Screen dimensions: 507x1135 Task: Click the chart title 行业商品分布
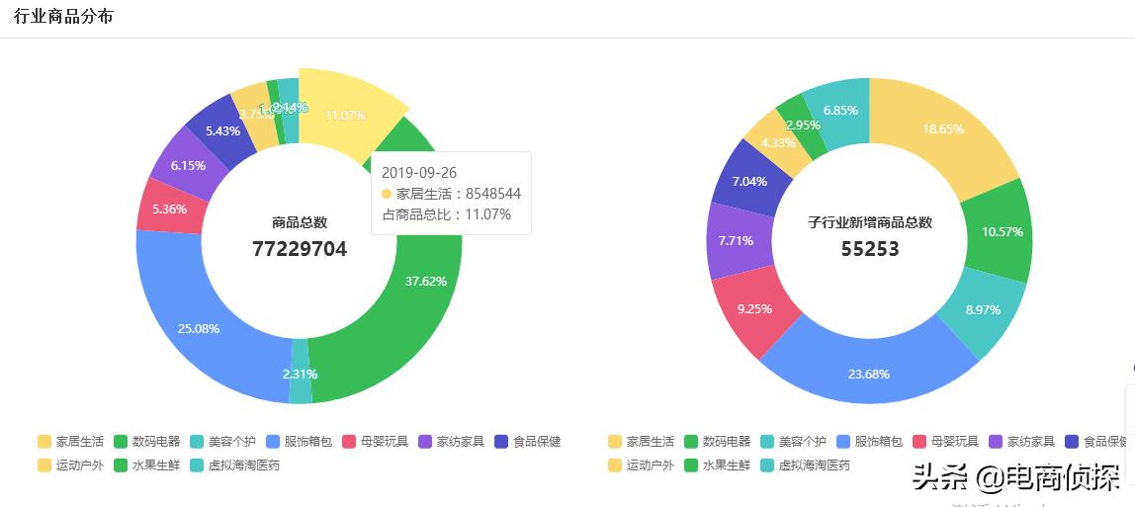(63, 17)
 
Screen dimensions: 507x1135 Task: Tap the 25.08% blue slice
(199, 328)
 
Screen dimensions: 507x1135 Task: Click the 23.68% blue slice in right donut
(868, 374)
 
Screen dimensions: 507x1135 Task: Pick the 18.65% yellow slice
(942, 128)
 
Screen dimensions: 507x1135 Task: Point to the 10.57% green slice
(1002, 231)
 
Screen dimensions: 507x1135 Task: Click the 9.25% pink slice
(754, 308)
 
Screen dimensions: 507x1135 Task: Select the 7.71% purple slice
(735, 240)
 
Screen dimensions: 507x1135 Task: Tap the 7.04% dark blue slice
(748, 181)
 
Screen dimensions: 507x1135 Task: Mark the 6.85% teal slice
(839, 110)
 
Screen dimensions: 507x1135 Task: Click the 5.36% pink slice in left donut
(170, 209)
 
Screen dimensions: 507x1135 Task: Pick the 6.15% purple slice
(188, 166)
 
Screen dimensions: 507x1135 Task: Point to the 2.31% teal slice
(300, 375)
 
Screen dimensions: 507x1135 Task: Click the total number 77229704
(300, 249)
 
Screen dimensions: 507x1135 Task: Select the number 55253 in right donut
(870, 249)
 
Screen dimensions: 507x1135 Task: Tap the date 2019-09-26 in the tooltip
(419, 173)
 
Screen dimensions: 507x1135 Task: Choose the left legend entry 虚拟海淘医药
(236, 465)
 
